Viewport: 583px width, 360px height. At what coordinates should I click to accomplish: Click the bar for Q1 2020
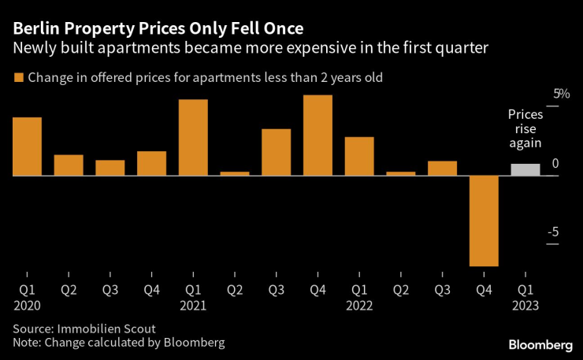point(27,147)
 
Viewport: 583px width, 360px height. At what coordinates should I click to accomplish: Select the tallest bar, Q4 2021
point(317,135)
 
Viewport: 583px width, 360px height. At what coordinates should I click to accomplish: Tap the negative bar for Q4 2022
point(484,221)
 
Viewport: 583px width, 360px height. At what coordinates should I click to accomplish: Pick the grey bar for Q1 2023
point(525,169)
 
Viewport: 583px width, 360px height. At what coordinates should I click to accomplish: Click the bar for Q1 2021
point(193,138)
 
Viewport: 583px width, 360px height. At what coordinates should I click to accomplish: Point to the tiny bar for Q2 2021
point(235,173)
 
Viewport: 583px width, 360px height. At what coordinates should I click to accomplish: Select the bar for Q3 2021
point(276,152)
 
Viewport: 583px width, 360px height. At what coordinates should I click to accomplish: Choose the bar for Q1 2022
point(359,156)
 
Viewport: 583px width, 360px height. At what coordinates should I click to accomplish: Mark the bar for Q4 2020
point(151,163)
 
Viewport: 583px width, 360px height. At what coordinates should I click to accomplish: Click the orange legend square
point(17,78)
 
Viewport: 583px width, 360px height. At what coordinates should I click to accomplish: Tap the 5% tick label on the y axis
point(539,94)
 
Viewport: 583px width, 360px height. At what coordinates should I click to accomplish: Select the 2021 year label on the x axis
point(193,304)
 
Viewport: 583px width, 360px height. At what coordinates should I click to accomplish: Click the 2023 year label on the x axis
point(525,304)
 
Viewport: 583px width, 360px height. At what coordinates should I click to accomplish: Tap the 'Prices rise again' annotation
point(525,128)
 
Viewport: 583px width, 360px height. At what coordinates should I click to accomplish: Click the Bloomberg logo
point(540,344)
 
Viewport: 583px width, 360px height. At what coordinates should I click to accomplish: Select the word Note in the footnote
point(25,343)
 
